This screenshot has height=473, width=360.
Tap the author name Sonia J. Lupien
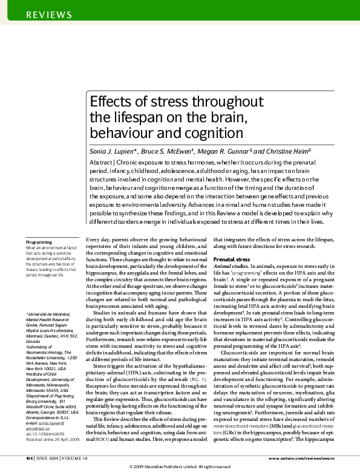click(x=113, y=150)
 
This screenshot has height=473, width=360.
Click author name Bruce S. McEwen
click(x=168, y=150)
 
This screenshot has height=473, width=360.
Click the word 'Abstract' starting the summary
click(x=100, y=163)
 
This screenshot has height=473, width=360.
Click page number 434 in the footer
click(x=28, y=459)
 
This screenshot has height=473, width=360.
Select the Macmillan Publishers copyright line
click(x=180, y=468)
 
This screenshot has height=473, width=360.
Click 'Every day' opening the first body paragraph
click(x=97, y=241)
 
